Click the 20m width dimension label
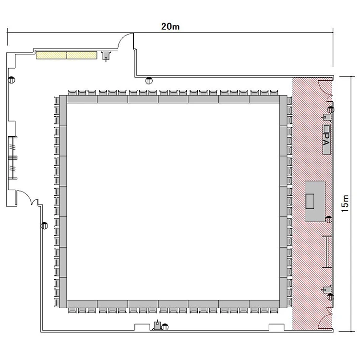point(170,26)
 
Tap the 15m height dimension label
point(345,204)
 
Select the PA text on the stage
point(326,139)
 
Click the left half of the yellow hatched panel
point(51,55)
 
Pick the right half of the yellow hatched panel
point(82,55)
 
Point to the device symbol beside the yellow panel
point(106,56)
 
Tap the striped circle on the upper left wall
point(11,80)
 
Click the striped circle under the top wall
point(149,81)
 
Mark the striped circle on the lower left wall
point(44,226)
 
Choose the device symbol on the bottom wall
point(157,325)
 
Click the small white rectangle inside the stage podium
point(310,201)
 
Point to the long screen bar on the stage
point(327,252)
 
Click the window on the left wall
point(12,157)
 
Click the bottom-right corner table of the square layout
point(283,304)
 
